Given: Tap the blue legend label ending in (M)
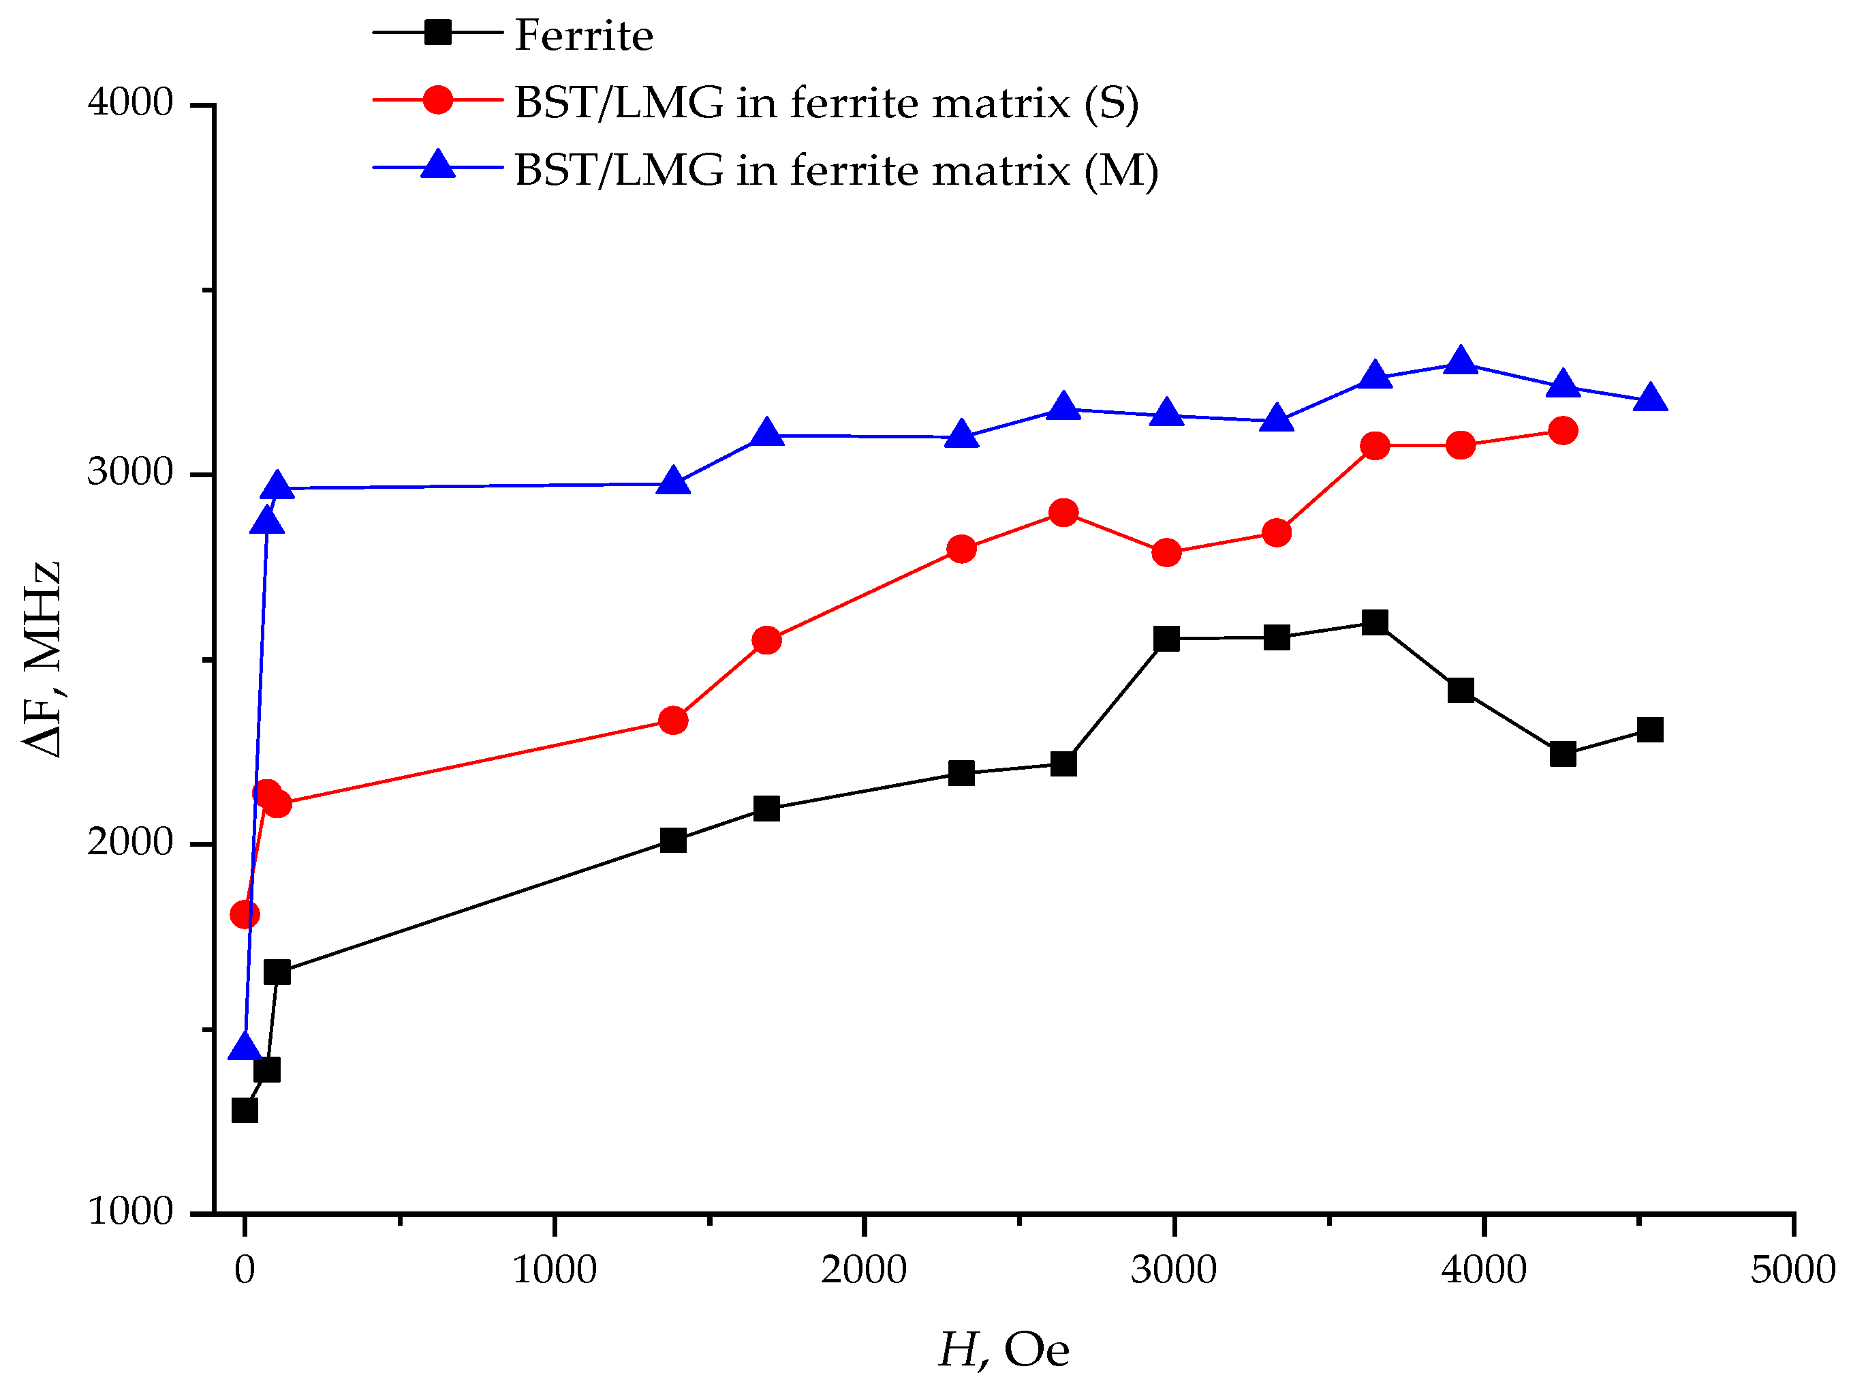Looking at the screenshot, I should click(x=836, y=170).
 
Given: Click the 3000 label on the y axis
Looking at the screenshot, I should click(x=129, y=473).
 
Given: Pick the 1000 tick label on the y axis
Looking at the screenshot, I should click(x=129, y=1211).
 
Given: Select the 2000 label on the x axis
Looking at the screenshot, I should click(x=864, y=1270).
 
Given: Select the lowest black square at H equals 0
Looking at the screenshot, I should click(x=245, y=1110).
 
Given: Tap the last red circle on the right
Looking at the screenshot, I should click(x=1562, y=431).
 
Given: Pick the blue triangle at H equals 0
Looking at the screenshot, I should click(x=245, y=1046).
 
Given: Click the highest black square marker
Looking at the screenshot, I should click(x=1375, y=622).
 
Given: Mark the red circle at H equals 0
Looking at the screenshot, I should click(x=245, y=914).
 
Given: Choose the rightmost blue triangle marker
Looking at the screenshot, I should click(x=1649, y=397).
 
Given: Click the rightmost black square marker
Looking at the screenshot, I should click(x=1649, y=730).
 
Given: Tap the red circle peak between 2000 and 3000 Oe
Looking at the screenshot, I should click(x=1063, y=513).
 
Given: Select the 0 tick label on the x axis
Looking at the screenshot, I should click(x=245, y=1270).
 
